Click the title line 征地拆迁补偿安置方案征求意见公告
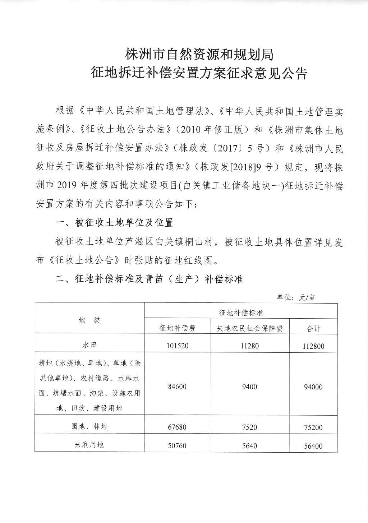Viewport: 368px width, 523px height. pos(199,74)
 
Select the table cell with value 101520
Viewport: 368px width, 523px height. pos(178,346)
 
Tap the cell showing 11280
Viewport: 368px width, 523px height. pos(249,346)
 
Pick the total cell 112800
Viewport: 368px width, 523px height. pos(313,346)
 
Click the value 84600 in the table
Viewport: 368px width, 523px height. pos(178,387)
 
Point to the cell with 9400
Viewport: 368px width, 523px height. pos(249,387)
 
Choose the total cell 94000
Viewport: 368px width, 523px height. pos(313,387)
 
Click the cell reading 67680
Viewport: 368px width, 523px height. pos(178,427)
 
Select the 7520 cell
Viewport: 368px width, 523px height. pos(249,427)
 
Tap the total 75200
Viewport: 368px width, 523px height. pos(313,427)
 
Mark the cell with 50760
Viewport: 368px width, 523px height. pos(178,446)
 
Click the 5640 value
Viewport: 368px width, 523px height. pos(249,446)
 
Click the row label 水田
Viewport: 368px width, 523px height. pos(89,345)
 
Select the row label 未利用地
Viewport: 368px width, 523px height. pos(89,445)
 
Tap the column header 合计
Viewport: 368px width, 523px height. pos(313,328)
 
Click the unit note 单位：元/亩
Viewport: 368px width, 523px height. pos(295,297)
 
